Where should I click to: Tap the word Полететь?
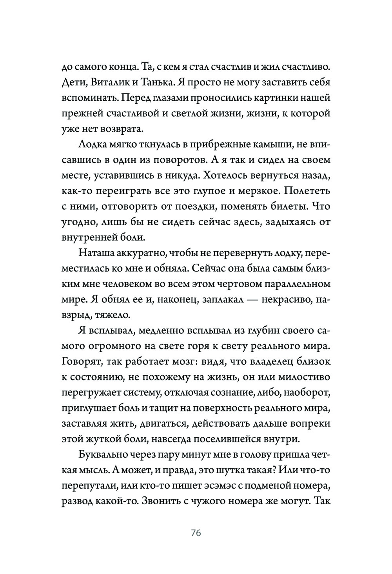click(307, 191)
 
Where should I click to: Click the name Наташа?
click(95, 253)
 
